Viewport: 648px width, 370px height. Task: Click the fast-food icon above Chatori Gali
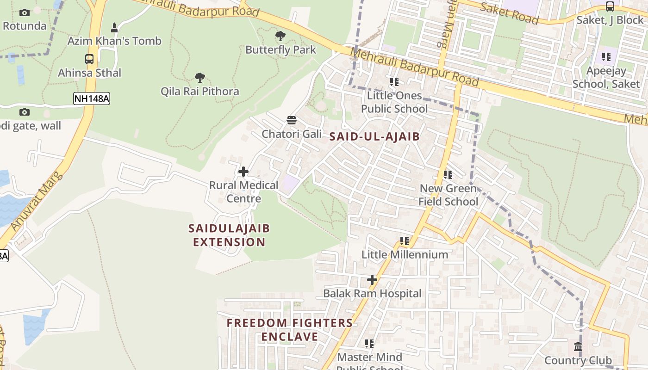(x=292, y=121)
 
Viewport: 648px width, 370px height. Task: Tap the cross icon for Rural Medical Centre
(x=243, y=172)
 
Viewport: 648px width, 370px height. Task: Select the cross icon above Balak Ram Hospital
(x=372, y=280)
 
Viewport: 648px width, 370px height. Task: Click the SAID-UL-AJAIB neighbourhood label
(x=374, y=136)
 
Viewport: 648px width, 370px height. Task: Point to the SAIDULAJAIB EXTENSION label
(x=229, y=235)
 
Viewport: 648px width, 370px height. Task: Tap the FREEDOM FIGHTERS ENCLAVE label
(x=290, y=330)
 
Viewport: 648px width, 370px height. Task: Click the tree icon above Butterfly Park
(x=280, y=36)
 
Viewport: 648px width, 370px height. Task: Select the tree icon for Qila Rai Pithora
(x=200, y=77)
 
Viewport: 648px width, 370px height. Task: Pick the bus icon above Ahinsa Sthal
(x=89, y=59)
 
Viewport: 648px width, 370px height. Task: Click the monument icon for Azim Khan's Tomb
(x=114, y=28)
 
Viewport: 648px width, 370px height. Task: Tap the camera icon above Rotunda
(x=25, y=12)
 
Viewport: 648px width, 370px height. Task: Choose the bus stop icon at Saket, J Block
(x=610, y=6)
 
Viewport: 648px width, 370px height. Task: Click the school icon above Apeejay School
(x=606, y=57)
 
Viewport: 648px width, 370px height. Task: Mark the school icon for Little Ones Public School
(x=394, y=82)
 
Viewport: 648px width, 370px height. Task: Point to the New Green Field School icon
(x=448, y=175)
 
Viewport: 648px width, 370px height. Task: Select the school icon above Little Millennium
(x=405, y=241)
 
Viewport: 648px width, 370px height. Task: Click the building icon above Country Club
(x=578, y=346)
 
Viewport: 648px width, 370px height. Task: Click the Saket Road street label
(x=509, y=13)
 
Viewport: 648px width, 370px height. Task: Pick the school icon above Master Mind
(x=369, y=344)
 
